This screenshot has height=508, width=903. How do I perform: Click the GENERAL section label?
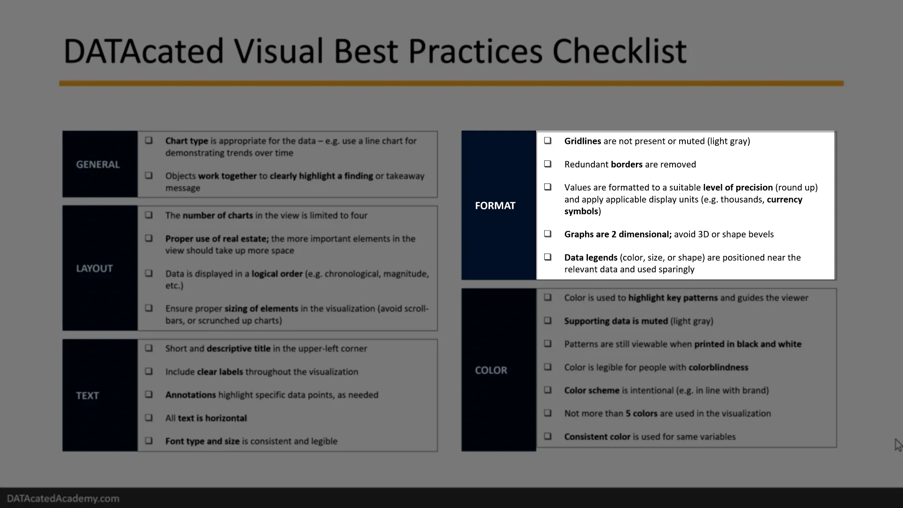click(x=98, y=165)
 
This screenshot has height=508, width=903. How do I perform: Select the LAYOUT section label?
click(x=95, y=269)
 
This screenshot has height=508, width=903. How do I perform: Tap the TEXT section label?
click(x=87, y=396)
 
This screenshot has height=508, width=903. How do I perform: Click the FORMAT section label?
click(x=495, y=206)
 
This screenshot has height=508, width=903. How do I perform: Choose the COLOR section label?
click(x=491, y=370)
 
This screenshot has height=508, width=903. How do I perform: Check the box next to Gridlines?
click(x=547, y=141)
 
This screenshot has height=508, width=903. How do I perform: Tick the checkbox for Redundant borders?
click(x=547, y=164)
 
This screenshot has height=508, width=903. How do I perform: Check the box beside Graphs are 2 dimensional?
click(x=547, y=234)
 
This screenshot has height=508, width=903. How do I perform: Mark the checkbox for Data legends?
click(x=547, y=257)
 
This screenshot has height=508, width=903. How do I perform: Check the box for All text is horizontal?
click(x=149, y=418)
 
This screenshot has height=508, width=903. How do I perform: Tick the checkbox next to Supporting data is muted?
click(x=547, y=321)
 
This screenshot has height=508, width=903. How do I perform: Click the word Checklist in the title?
click(x=619, y=51)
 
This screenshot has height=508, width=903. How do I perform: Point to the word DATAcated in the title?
click(x=143, y=51)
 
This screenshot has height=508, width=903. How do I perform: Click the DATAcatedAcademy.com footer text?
click(x=63, y=499)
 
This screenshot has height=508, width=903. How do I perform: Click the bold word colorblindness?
click(x=718, y=367)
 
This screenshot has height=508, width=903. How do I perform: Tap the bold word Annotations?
click(x=190, y=395)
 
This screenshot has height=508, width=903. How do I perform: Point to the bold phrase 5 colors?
click(x=641, y=413)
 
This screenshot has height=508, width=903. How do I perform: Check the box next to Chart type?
click(x=149, y=140)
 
